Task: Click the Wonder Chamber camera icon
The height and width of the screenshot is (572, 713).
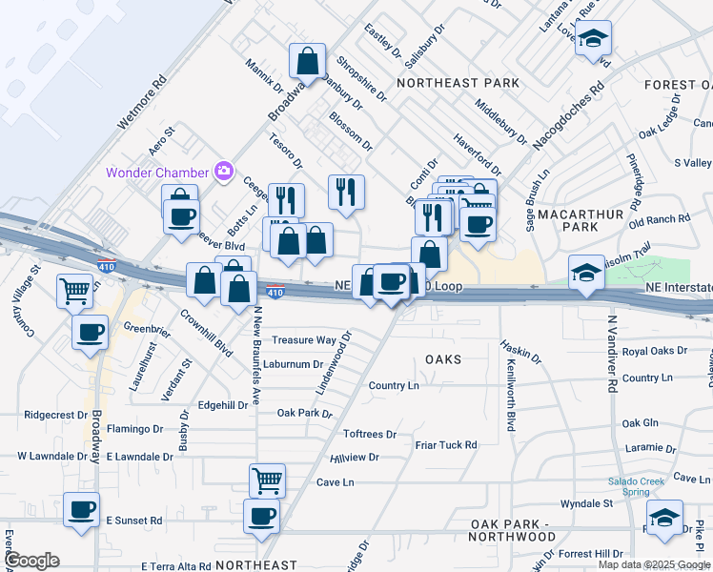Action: click(225, 172)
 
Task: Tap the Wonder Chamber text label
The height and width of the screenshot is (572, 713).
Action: click(157, 173)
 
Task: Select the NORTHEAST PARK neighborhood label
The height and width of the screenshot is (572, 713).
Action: click(458, 83)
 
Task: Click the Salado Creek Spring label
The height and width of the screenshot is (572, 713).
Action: click(638, 486)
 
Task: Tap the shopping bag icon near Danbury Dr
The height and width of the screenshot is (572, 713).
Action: click(308, 63)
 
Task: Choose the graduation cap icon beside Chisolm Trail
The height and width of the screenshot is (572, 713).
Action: click(586, 275)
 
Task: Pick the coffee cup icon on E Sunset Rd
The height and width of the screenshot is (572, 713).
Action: click(82, 508)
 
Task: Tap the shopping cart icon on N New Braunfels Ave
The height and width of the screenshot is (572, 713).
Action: click(267, 480)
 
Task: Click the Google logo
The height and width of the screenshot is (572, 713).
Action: click(32, 561)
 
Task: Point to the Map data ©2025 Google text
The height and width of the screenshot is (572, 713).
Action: click(654, 564)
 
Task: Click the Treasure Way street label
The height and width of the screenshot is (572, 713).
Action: click(304, 340)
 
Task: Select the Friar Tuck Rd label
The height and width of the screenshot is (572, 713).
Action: click(445, 445)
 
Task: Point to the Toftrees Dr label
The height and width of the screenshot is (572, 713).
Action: click(369, 434)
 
